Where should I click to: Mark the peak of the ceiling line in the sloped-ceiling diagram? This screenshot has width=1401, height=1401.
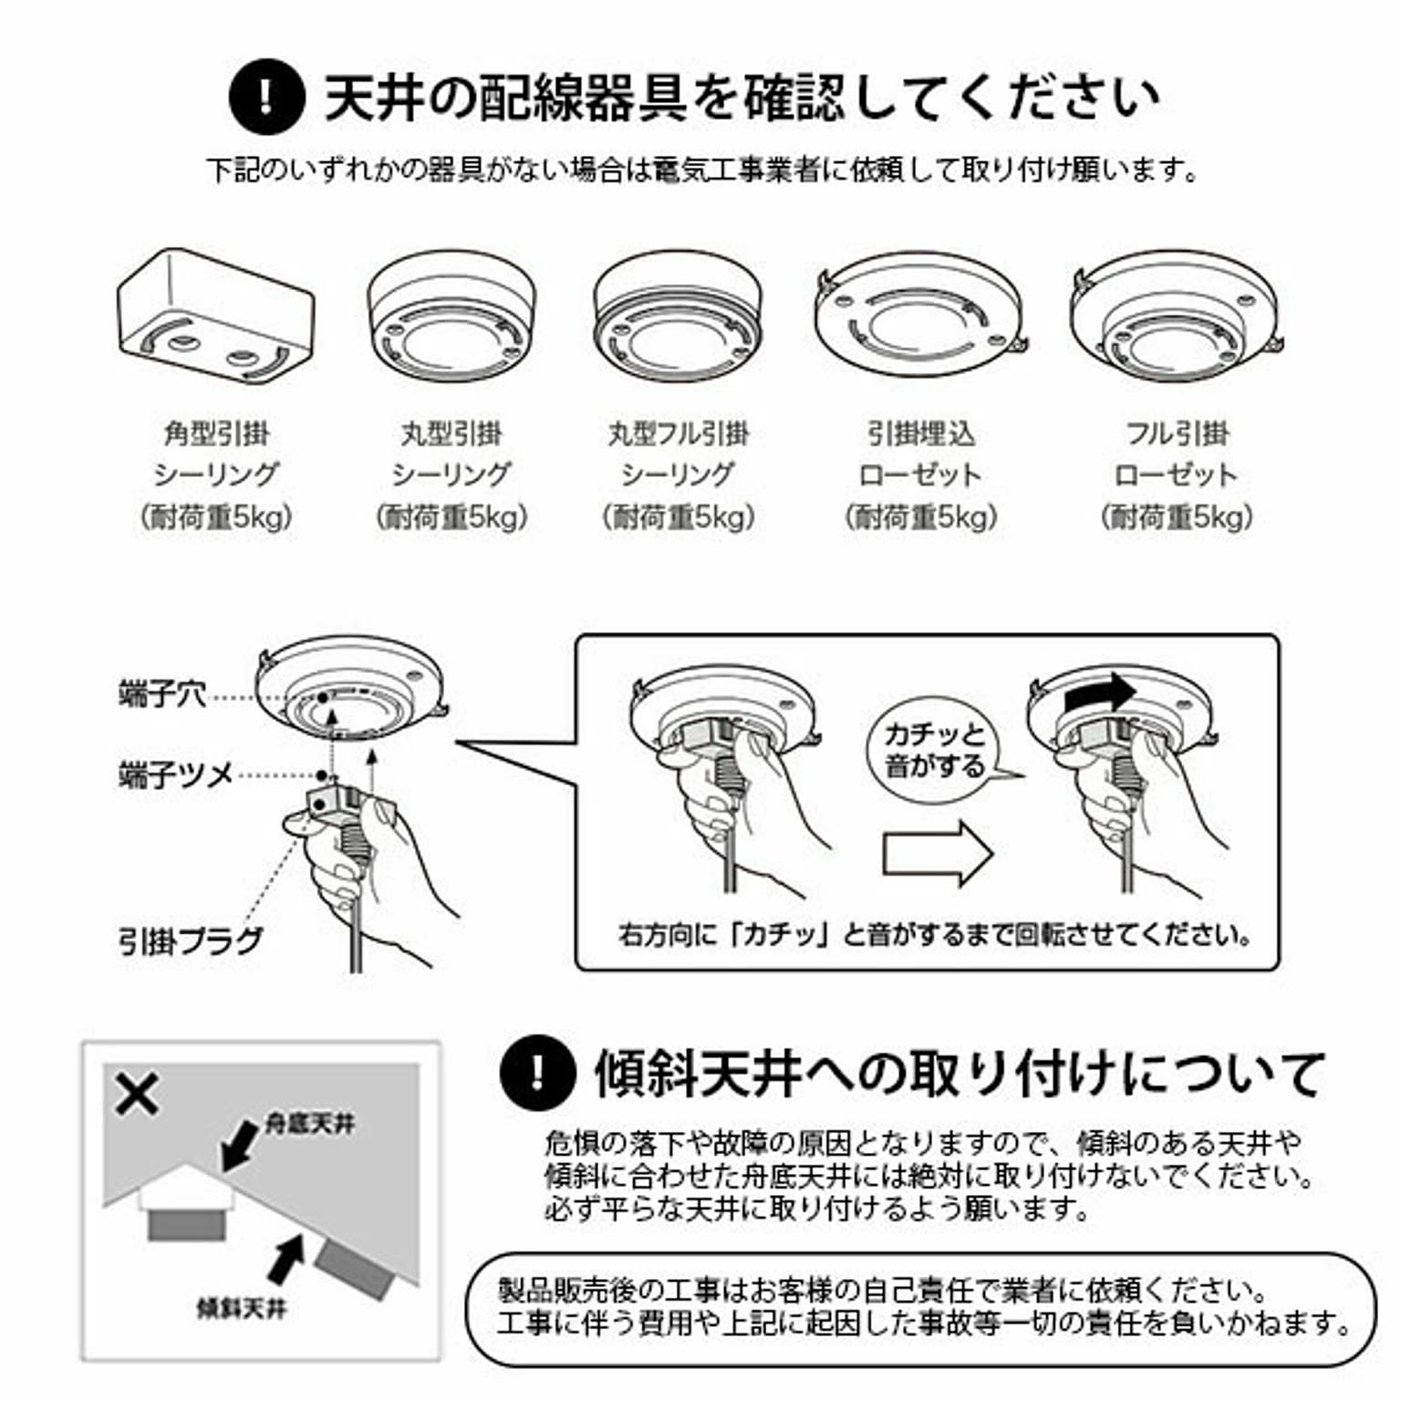[x=187, y=1163]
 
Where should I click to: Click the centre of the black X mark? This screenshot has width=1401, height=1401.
[x=137, y=1094]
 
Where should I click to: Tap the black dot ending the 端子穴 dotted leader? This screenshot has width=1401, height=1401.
[x=324, y=698]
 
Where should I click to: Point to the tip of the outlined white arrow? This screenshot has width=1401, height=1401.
[x=993, y=853]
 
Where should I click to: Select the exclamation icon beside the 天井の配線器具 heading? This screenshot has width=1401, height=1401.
[x=266, y=96]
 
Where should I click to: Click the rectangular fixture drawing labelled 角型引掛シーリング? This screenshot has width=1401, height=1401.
[x=216, y=315]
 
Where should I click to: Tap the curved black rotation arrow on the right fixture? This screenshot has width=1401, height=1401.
[x=1099, y=693]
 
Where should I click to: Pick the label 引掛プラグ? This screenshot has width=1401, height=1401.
[x=191, y=940]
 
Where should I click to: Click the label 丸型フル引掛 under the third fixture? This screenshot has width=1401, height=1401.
[x=679, y=433]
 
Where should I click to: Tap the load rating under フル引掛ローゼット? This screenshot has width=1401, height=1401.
[x=1177, y=517]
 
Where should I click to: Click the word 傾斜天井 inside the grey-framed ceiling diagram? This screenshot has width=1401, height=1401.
[x=242, y=1308]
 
